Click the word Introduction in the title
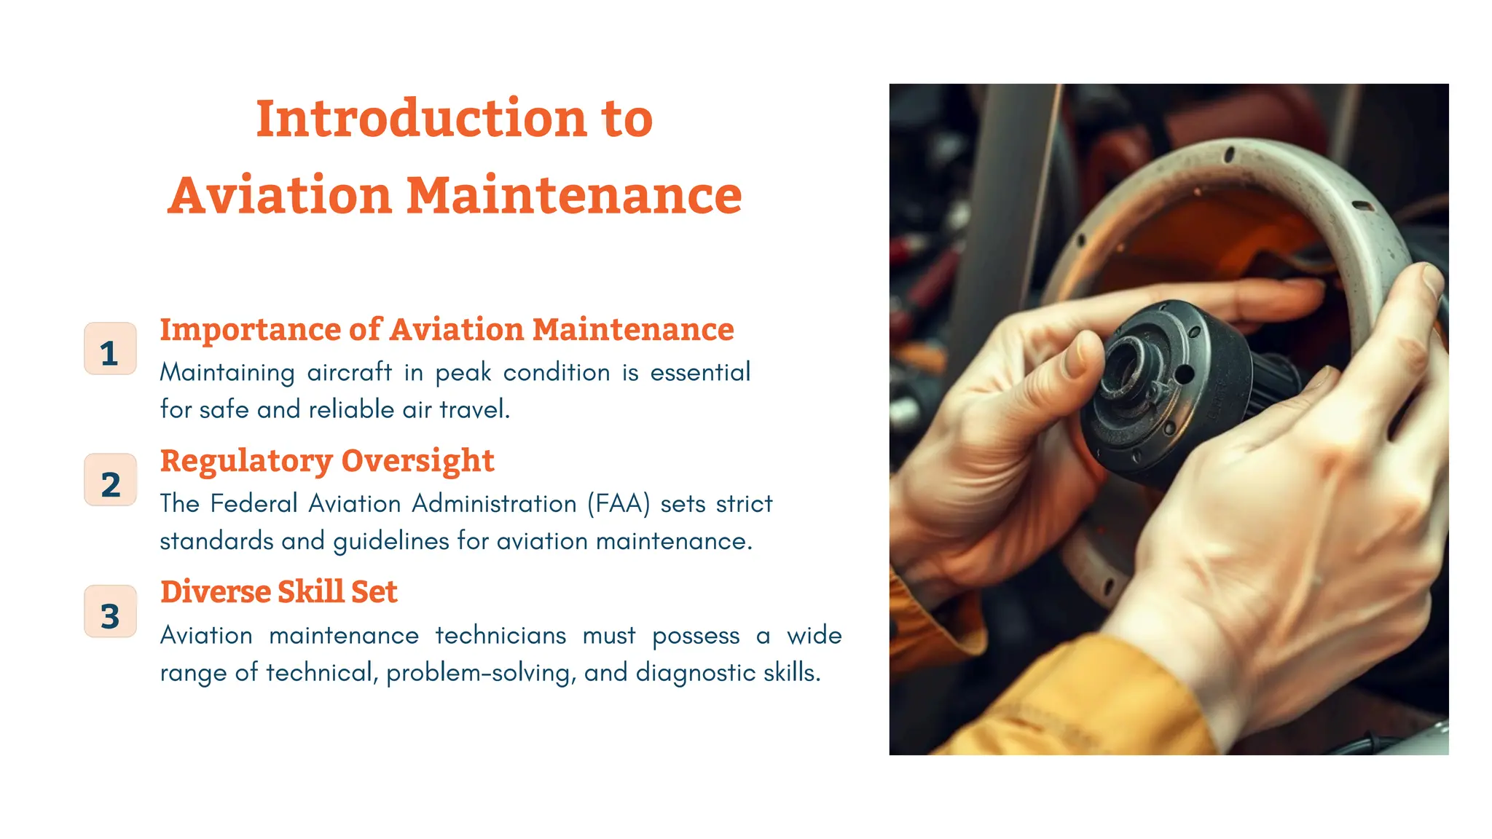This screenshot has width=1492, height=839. pyautogui.click(x=421, y=119)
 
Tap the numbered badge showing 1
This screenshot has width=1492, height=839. pyautogui.click(x=110, y=350)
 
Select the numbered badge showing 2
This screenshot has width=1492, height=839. pyautogui.click(x=110, y=481)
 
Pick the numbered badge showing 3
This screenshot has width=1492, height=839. pyautogui.click(x=110, y=612)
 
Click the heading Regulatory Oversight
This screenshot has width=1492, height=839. pyautogui.click(x=327, y=461)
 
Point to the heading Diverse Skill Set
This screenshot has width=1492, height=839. pyautogui.click(x=279, y=592)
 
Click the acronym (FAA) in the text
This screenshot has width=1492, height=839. pyautogui.click(x=619, y=503)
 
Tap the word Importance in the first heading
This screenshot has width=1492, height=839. pyautogui.click(x=249, y=330)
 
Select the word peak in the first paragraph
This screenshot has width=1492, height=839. pyautogui.click(x=463, y=372)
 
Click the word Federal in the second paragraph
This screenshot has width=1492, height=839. pyautogui.click(x=254, y=503)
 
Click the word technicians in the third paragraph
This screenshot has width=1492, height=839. pyautogui.click(x=500, y=635)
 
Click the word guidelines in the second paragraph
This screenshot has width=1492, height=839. pyautogui.click(x=391, y=541)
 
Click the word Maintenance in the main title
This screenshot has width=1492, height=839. pyautogui.click(x=573, y=196)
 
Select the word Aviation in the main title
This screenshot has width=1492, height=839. pyautogui.click(x=280, y=196)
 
